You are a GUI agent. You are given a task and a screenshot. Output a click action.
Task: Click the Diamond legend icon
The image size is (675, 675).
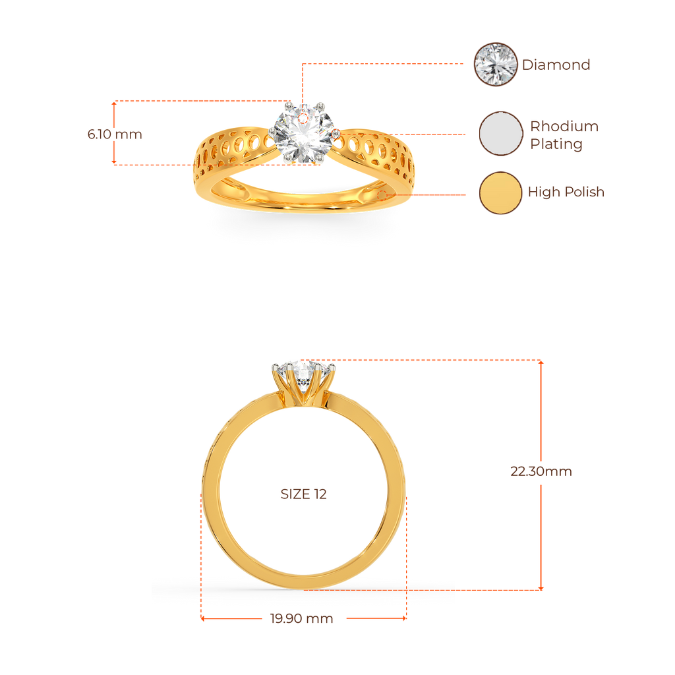click(496, 65)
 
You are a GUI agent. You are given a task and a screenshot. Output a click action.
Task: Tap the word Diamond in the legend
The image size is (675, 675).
click(556, 65)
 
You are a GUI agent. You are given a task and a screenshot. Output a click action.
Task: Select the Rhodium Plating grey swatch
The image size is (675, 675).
click(500, 134)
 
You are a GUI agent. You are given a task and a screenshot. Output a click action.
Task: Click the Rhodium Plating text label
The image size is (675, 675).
click(564, 135)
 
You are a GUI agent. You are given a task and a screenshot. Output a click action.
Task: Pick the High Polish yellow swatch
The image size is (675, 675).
click(500, 192)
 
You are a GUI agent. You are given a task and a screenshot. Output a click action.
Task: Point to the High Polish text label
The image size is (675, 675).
click(566, 192)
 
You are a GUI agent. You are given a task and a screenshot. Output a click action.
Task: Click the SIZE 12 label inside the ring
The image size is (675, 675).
click(303, 494)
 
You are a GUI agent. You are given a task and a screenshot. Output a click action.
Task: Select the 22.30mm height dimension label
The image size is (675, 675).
click(541, 471)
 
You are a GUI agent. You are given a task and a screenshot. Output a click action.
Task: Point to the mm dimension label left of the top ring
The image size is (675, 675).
click(115, 134)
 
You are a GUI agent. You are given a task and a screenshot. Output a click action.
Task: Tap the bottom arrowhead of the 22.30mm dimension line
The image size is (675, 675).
click(542, 588)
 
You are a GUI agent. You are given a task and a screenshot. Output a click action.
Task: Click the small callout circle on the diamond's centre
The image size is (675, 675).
click(303, 118)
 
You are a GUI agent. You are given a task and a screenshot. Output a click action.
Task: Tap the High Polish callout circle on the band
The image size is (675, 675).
click(384, 194)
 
